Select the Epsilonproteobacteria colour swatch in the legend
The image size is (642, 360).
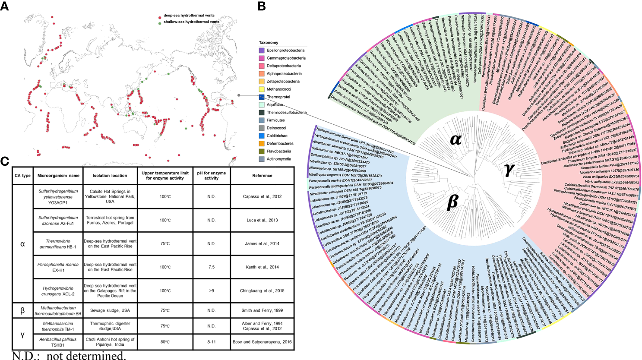[x=262, y=51]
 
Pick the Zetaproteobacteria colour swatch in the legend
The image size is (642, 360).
[x=262, y=82]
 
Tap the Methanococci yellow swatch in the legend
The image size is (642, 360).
[x=262, y=89]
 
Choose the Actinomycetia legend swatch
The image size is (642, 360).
[x=262, y=159]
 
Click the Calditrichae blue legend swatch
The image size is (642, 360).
[x=262, y=136]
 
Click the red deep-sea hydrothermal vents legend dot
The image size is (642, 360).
[x=160, y=16]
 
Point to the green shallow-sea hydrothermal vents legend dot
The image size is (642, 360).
[x=160, y=22]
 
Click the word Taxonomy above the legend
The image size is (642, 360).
[x=269, y=43]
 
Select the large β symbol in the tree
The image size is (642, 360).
[x=452, y=202]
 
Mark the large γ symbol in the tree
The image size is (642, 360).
[x=509, y=170]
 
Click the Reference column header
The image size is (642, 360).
[x=262, y=176]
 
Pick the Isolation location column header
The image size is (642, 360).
[x=110, y=176]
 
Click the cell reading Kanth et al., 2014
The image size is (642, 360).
[x=262, y=267]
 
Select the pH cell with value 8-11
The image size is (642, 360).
[x=211, y=342]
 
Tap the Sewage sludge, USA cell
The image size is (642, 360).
[x=110, y=310]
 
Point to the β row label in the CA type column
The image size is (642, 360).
[x=22, y=310]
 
